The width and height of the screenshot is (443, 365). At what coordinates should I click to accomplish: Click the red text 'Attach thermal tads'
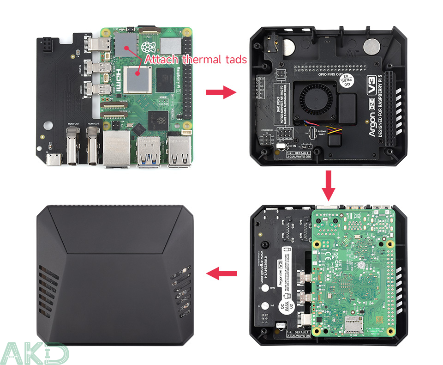pos(196,60)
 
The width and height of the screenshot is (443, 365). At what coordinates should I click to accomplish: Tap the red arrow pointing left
pos(221,274)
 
